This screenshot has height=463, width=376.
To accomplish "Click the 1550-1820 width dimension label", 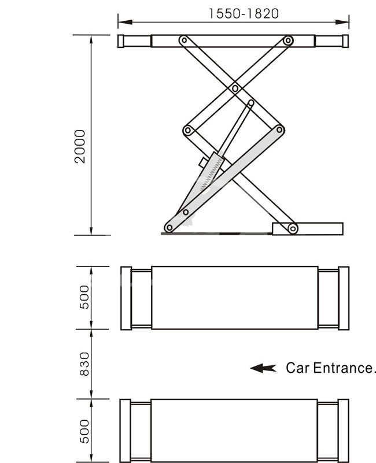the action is (x=244, y=13).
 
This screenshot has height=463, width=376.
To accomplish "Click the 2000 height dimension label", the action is (x=80, y=146).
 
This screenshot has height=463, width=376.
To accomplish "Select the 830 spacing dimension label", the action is (x=84, y=364).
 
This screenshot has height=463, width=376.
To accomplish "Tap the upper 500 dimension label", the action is (x=84, y=297).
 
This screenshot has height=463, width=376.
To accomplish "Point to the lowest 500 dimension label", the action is (x=84, y=431).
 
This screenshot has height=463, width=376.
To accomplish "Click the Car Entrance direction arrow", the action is (x=263, y=368).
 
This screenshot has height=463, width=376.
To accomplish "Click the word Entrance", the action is (x=342, y=368).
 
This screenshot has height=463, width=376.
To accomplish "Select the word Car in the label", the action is (x=297, y=368).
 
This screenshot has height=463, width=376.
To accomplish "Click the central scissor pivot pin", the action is (x=235, y=88).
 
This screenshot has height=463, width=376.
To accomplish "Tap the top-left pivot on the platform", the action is (x=184, y=40).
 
